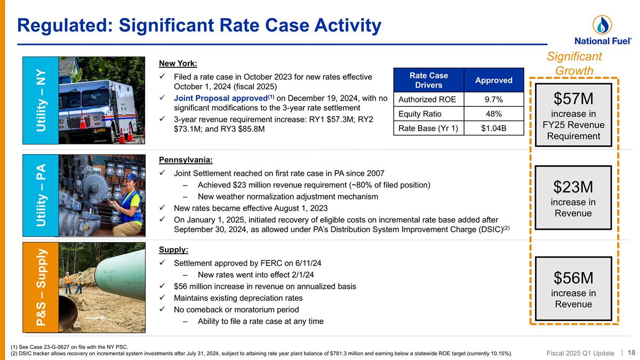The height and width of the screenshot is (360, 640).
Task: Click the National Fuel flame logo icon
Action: [x=602, y=25]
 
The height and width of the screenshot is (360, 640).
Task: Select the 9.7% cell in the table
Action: [x=494, y=100]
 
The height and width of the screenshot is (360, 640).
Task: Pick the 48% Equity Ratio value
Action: [x=494, y=114]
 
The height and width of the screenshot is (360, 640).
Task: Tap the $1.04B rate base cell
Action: [x=494, y=127]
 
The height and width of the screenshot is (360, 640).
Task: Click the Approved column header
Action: [x=494, y=80]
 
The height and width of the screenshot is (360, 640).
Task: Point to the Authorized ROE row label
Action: [x=428, y=100]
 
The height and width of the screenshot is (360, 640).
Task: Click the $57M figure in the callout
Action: [x=573, y=99]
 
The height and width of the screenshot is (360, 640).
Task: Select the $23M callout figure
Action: [x=573, y=187]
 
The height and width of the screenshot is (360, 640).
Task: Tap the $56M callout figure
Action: [x=573, y=277]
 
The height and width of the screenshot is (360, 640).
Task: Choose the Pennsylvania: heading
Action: [x=186, y=159]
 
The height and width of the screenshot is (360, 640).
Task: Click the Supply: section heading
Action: [x=173, y=250]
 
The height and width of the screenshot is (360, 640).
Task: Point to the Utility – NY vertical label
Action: [x=40, y=100]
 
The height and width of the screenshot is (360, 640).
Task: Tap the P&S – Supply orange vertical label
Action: [x=40, y=287]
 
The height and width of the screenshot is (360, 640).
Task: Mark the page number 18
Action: [x=631, y=353]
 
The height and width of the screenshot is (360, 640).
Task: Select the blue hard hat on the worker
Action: [x=131, y=176]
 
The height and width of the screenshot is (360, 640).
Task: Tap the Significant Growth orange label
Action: [x=574, y=63]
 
